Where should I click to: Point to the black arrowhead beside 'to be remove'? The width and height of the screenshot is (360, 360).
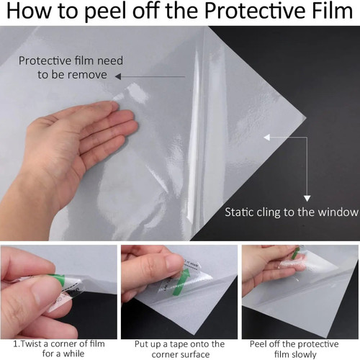click(x=118, y=76)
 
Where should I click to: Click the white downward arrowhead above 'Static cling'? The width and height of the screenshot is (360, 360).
click(x=307, y=198)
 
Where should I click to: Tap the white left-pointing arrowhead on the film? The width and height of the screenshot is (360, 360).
click(x=267, y=138)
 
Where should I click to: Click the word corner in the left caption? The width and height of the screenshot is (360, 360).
click(x=65, y=344)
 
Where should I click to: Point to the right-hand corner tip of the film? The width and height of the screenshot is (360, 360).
click(x=306, y=118)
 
